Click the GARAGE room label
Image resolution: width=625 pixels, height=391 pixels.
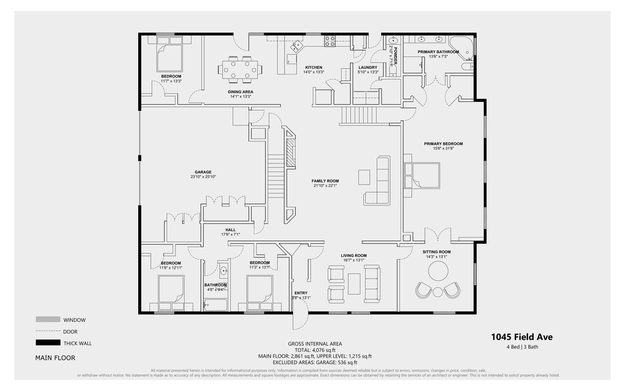click(x=203, y=172)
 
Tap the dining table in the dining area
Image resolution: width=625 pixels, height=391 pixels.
click(x=240, y=70)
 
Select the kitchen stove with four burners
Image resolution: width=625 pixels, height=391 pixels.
click(x=330, y=41)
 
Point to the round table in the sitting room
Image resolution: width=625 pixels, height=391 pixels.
click(x=438, y=271)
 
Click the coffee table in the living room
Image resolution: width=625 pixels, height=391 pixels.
click(x=354, y=284)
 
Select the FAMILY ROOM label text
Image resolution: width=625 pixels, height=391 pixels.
click(x=325, y=181)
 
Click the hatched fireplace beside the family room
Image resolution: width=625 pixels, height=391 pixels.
click(x=291, y=152)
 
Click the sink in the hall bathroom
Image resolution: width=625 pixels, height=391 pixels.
click(x=224, y=271)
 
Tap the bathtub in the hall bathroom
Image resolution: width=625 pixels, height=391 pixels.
click(x=216, y=305)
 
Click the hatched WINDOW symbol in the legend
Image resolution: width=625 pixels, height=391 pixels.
click(x=48, y=319)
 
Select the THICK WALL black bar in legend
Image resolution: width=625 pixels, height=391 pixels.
click(x=48, y=342)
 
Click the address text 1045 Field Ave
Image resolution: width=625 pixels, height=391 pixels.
click(x=522, y=337)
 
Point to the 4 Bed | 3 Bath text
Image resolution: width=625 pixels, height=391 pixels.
click(x=522, y=347)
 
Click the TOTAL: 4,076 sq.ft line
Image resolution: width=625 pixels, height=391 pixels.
click(x=315, y=350)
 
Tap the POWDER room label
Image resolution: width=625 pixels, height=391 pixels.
click(x=396, y=56)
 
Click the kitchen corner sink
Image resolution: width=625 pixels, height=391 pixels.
click(x=296, y=46)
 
